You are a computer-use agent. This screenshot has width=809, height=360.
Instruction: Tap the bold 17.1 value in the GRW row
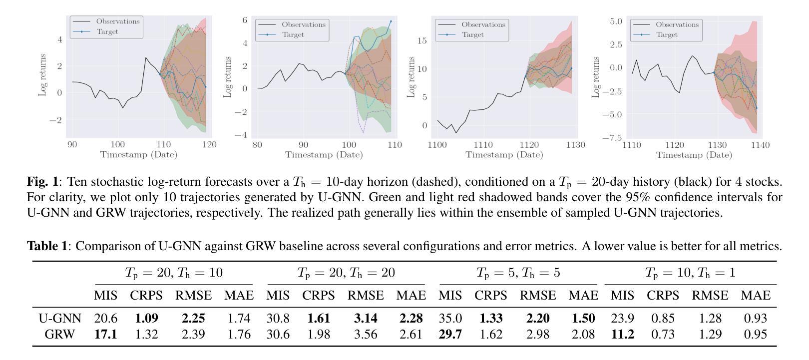pyautogui.click(x=105, y=334)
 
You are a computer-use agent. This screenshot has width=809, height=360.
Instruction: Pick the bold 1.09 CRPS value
pyautogui.click(x=146, y=318)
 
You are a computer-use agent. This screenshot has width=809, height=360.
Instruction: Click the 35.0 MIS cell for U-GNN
pyautogui.click(x=450, y=318)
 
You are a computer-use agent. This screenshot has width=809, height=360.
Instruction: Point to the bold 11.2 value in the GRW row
pyautogui.click(x=622, y=334)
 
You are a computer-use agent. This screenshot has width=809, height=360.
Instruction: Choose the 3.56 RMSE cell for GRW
pyautogui.click(x=366, y=334)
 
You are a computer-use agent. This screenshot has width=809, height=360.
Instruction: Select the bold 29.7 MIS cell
pyautogui.click(x=450, y=334)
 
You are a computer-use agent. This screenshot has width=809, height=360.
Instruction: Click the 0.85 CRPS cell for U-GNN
pyautogui.click(x=663, y=318)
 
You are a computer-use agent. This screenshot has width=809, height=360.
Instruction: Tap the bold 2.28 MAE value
pyautogui.click(x=410, y=318)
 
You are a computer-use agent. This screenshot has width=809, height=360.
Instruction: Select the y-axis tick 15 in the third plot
pyautogui.click(x=422, y=40)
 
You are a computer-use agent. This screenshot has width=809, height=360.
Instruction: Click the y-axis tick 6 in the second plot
pyautogui.click(x=245, y=20)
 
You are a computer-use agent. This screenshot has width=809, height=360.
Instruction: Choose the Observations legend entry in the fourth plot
pyautogui.click(x=677, y=24)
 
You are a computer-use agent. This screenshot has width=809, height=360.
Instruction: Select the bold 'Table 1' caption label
pyautogui.click(x=46, y=246)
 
